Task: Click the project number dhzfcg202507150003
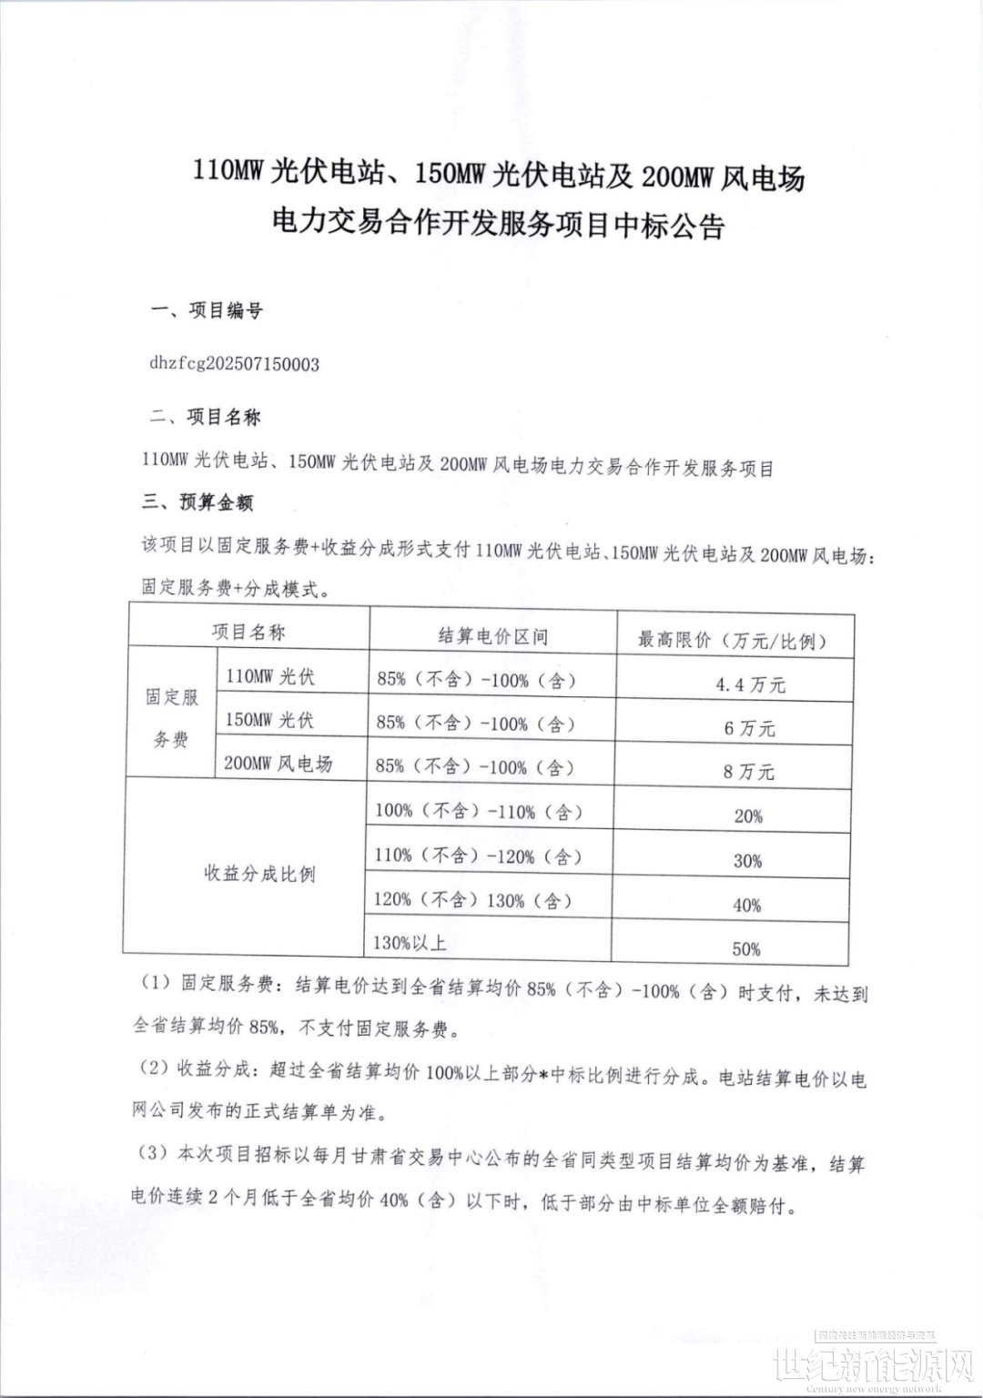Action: coord(234,364)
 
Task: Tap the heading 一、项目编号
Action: coord(207,311)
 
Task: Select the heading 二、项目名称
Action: coord(206,418)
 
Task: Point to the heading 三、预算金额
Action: coord(197,502)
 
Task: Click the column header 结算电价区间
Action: coord(492,635)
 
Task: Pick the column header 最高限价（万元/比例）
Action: coord(733,640)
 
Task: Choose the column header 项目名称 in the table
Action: coord(248,632)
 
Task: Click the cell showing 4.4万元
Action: coord(750,684)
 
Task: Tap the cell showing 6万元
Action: coord(749,728)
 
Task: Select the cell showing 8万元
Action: coord(748,772)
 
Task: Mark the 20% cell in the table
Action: coord(748,816)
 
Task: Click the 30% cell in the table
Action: coord(747,860)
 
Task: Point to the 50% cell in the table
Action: coord(746,948)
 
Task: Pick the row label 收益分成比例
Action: coord(259,874)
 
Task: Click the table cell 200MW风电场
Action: coord(278,764)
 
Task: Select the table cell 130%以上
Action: coord(410,943)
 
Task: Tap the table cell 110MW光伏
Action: coord(269,676)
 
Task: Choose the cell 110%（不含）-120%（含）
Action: coord(478,856)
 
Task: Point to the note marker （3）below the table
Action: coord(152,1153)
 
